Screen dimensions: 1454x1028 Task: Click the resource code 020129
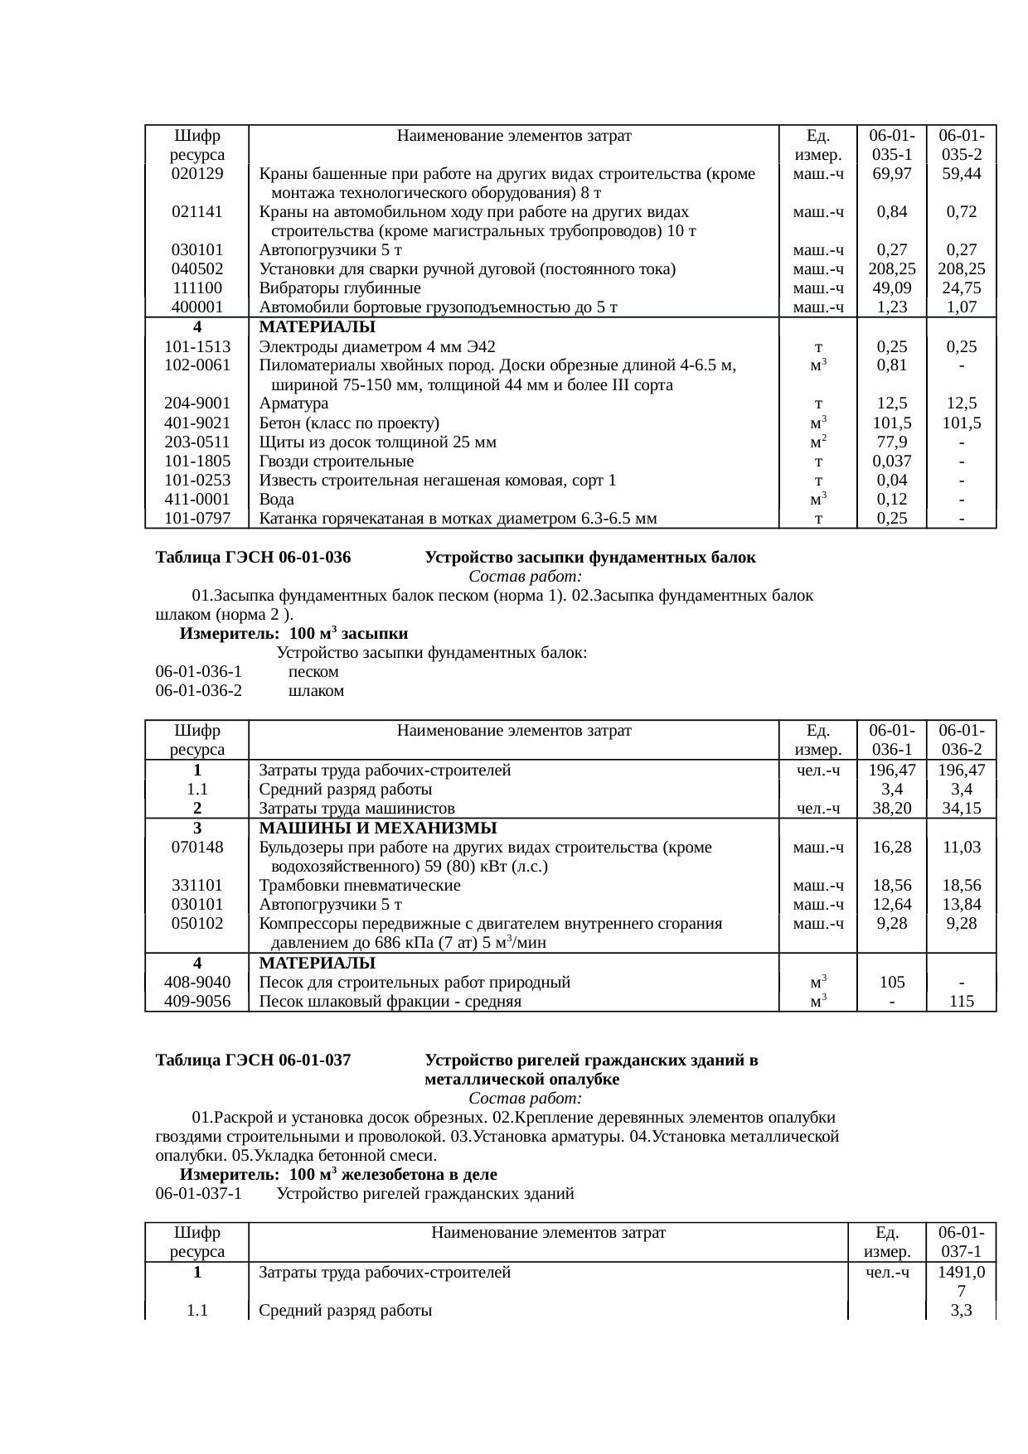[x=196, y=173]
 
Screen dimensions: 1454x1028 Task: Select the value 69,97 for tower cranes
[x=891, y=173]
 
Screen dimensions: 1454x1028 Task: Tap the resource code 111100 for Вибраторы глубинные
[x=196, y=287]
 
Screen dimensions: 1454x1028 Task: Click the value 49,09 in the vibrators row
[x=891, y=287]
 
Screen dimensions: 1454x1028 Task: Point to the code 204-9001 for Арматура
[x=196, y=403]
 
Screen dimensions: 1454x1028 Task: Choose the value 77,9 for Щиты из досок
[x=891, y=442]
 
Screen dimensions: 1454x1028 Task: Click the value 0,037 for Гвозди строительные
[x=891, y=461]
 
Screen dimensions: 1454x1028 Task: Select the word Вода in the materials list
[x=276, y=500]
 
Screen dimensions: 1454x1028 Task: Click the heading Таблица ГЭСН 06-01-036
[x=253, y=558]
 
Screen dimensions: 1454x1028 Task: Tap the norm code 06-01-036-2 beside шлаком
[x=198, y=690]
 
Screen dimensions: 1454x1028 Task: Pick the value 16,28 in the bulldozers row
[x=891, y=847]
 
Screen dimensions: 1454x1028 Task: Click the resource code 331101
[x=196, y=885]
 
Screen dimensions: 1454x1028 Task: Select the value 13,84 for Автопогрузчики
[x=961, y=904]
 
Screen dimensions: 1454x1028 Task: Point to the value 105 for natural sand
[x=891, y=983]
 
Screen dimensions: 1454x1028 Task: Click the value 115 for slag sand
[x=961, y=1002]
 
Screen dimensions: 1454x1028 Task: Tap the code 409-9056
[x=196, y=1002]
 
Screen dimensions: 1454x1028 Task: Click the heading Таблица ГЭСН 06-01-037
[x=253, y=1060]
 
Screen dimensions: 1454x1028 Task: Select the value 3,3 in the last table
[x=961, y=1311]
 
